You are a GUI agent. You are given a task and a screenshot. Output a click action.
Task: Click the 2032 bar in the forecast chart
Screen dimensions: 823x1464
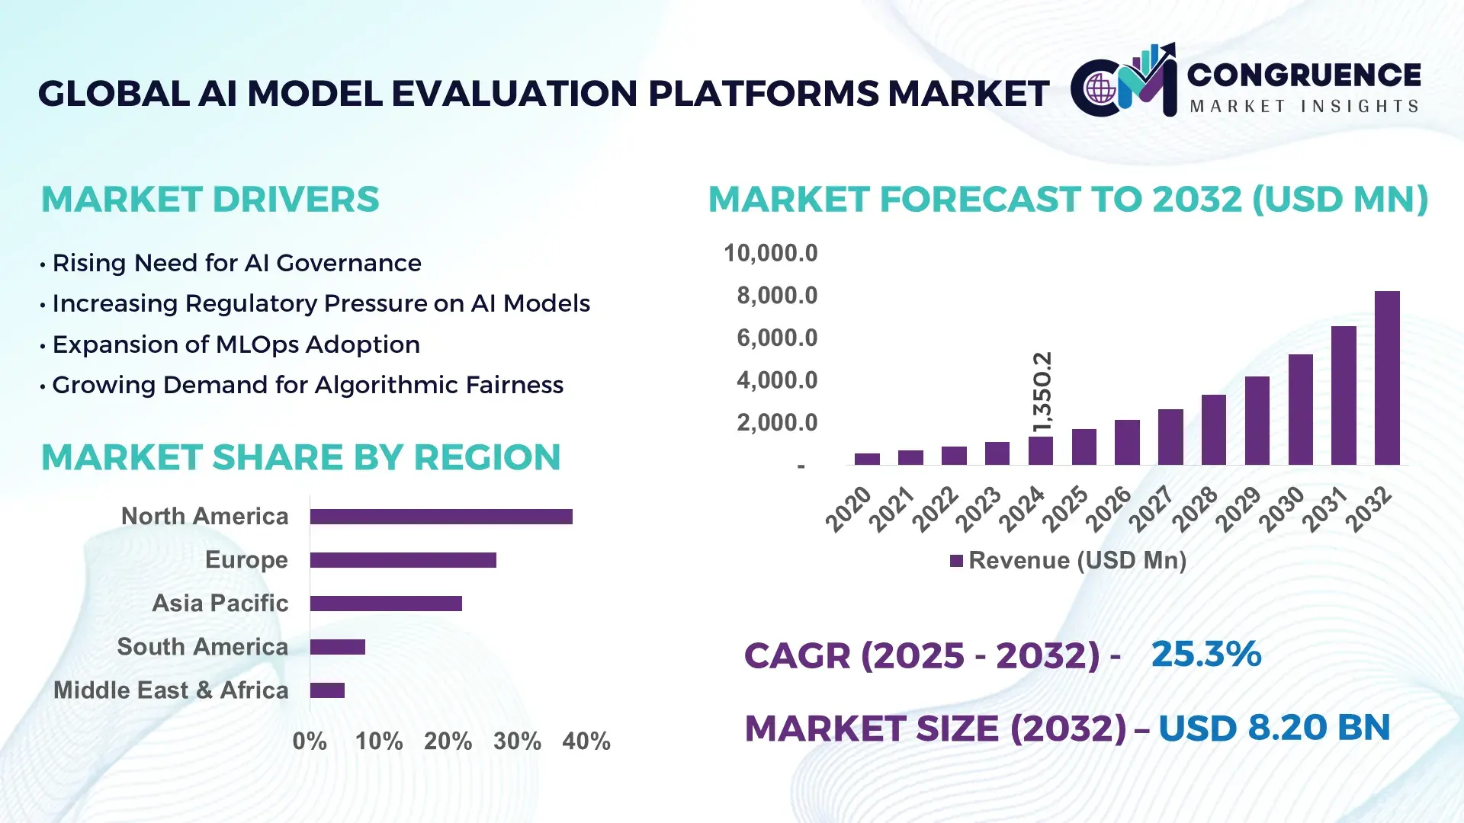tap(1386, 378)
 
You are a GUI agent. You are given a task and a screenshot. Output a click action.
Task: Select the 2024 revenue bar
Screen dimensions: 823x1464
tap(1040, 450)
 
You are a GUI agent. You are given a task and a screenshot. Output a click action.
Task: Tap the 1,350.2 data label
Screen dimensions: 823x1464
tap(1042, 392)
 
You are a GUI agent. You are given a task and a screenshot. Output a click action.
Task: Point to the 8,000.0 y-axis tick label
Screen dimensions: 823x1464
tap(776, 296)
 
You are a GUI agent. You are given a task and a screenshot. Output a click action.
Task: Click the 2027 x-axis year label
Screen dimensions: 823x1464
tap(1151, 508)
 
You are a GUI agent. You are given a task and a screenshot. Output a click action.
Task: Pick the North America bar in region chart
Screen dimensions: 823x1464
tap(441, 517)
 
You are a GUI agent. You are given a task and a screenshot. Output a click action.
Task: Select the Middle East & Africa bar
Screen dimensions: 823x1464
tap(327, 690)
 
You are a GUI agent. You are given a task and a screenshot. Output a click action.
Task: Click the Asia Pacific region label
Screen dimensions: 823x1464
tap(220, 604)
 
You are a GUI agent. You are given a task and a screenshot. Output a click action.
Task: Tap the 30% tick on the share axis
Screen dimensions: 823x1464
tap(517, 741)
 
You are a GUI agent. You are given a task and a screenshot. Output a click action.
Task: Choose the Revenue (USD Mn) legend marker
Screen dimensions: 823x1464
tap(956, 562)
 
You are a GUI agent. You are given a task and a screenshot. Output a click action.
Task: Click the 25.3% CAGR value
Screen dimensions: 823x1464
tap(1206, 655)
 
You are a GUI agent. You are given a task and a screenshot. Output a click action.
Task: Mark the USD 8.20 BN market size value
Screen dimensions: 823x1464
tap(1273, 728)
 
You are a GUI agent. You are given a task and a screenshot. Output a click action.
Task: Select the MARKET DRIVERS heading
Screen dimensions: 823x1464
tap(210, 200)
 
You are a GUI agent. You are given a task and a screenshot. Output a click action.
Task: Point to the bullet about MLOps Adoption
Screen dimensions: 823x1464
tap(236, 344)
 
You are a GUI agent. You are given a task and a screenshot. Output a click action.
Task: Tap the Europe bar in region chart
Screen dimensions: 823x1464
tap(403, 560)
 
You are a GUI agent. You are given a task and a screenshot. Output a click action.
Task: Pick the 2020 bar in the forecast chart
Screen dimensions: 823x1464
tap(867, 459)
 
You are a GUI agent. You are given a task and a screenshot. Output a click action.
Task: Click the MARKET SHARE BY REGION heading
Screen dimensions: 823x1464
tap(300, 457)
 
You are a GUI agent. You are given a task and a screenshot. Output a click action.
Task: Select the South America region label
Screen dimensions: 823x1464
tap(202, 647)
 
